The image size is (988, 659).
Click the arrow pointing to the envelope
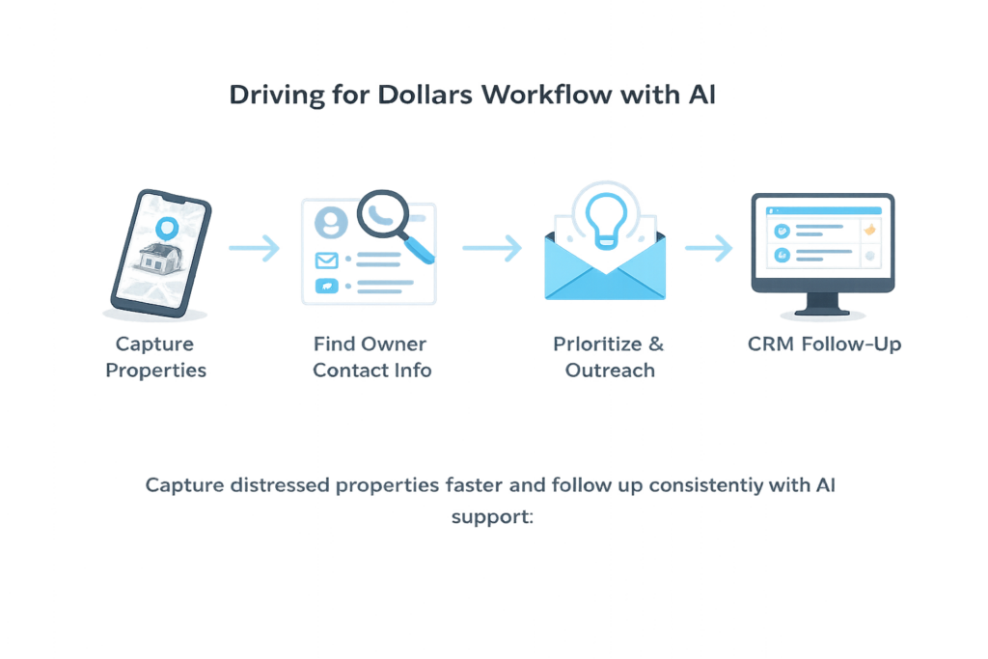tap(491, 248)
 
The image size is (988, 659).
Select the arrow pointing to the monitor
tap(709, 248)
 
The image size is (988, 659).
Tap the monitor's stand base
tap(822, 311)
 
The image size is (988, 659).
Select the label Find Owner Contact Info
tap(371, 357)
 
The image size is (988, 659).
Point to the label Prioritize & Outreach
tap(608, 357)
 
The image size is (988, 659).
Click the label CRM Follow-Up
tap(824, 344)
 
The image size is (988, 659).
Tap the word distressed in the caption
tap(280, 485)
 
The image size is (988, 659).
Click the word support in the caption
tap(492, 516)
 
